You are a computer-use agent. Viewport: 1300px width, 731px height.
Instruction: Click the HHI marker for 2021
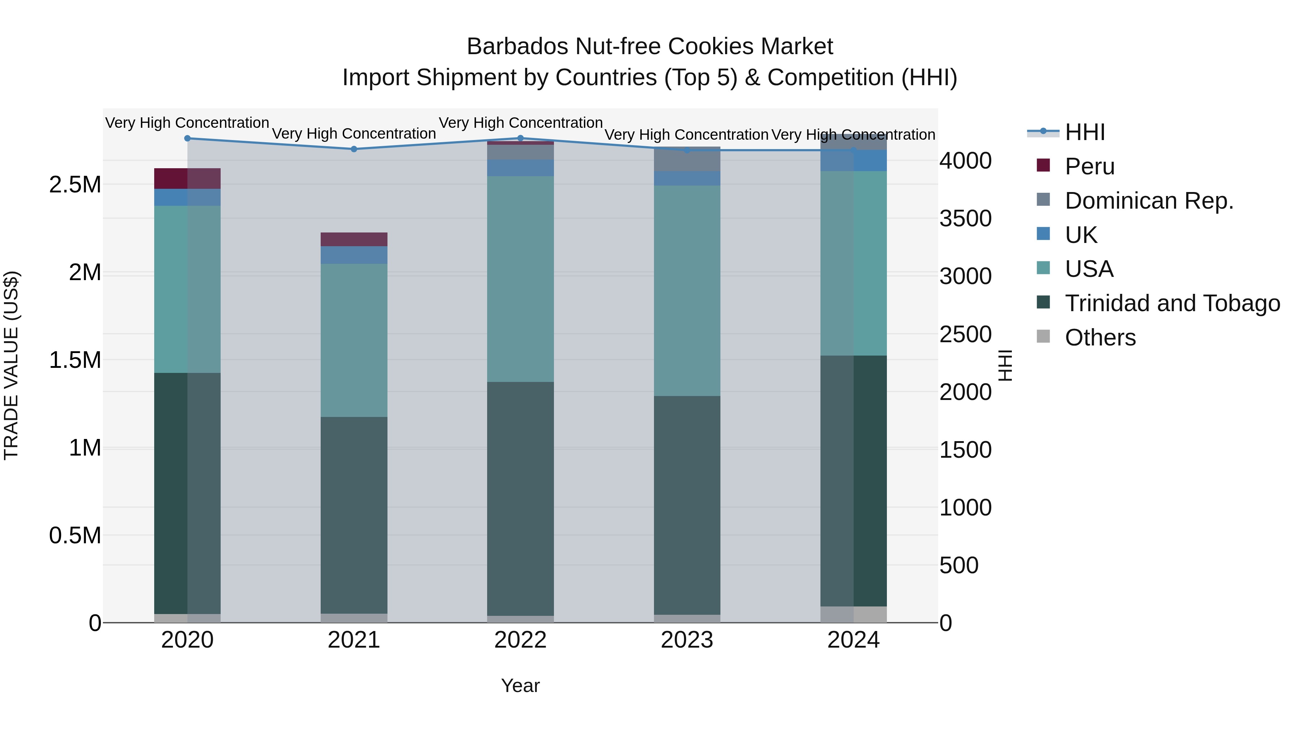click(354, 149)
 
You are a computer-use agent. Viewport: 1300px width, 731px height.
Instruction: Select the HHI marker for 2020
click(187, 138)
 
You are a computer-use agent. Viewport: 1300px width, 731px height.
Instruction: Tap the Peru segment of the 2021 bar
click(354, 239)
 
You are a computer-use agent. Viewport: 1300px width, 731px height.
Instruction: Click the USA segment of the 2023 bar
click(687, 290)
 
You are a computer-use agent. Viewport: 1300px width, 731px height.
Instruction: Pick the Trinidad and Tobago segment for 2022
click(520, 499)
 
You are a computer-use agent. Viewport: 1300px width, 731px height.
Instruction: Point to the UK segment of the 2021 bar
click(354, 255)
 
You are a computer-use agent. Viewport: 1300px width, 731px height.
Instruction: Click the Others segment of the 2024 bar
click(853, 614)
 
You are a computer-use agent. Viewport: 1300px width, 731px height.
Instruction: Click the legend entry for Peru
click(1089, 166)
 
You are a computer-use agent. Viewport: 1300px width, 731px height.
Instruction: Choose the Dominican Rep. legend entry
click(1149, 201)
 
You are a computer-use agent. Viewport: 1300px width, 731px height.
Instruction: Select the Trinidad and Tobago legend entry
click(1172, 303)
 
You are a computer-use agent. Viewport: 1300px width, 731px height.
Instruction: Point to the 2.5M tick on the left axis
click(75, 184)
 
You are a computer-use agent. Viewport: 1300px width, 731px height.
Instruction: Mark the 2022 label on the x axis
click(520, 640)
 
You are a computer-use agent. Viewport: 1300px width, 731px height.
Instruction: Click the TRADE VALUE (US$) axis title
click(11, 365)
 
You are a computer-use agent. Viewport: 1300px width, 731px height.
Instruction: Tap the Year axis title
click(520, 686)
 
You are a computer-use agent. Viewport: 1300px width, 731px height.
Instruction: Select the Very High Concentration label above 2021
click(354, 134)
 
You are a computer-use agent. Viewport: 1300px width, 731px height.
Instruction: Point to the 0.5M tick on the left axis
click(75, 535)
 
